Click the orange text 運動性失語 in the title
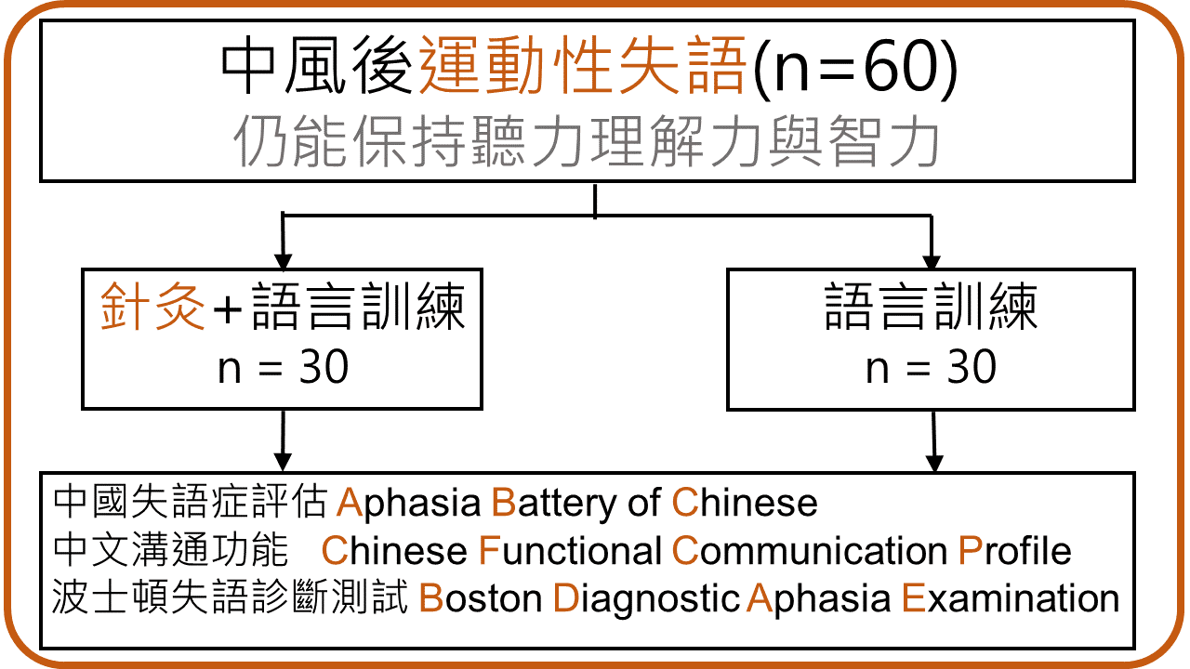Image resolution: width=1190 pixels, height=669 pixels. coord(583,68)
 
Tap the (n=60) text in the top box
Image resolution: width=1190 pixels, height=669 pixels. coord(853,68)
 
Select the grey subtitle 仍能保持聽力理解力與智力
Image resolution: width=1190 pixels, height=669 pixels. coord(588,141)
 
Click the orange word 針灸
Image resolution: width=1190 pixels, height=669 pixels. coord(152,308)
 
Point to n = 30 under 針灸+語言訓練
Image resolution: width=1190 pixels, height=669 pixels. coord(283,369)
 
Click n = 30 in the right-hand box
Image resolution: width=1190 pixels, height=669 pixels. coord(931,369)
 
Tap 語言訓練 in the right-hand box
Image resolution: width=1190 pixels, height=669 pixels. coord(931,308)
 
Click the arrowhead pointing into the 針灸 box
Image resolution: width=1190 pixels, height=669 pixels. coord(282,259)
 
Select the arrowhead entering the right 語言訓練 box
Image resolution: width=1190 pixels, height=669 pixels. coord(931,259)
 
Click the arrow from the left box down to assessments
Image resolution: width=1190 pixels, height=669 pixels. coord(282,440)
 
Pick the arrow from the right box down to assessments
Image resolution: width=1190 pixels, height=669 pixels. coord(934,440)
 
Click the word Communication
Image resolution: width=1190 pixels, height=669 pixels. coord(809,551)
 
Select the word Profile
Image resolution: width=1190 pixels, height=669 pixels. coord(1014,551)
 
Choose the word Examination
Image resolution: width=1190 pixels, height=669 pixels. coord(1011,598)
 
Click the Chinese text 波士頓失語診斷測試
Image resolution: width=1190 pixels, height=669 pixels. coord(231,597)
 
